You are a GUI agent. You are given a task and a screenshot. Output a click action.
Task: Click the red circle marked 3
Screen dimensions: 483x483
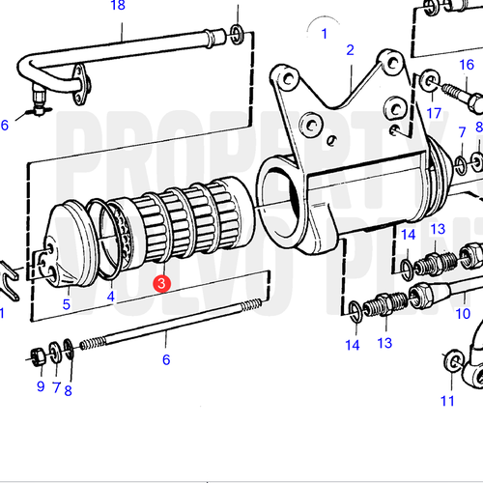point(163,284)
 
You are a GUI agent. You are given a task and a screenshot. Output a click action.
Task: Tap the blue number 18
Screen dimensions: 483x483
point(118,6)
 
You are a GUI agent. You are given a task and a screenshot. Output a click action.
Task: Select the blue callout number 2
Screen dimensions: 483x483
point(350,50)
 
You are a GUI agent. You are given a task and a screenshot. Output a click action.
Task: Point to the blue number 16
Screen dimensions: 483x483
point(467,65)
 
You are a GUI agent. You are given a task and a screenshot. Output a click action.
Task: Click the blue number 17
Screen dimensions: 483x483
point(421,113)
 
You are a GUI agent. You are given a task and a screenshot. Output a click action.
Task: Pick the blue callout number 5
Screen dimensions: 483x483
point(67,305)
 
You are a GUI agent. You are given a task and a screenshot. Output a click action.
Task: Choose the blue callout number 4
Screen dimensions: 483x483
point(110,297)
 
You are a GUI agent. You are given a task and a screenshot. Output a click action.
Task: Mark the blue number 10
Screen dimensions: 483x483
point(463,314)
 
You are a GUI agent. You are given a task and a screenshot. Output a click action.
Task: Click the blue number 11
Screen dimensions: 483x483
point(447,400)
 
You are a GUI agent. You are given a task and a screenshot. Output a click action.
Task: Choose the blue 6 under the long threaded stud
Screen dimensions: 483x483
point(165,359)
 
